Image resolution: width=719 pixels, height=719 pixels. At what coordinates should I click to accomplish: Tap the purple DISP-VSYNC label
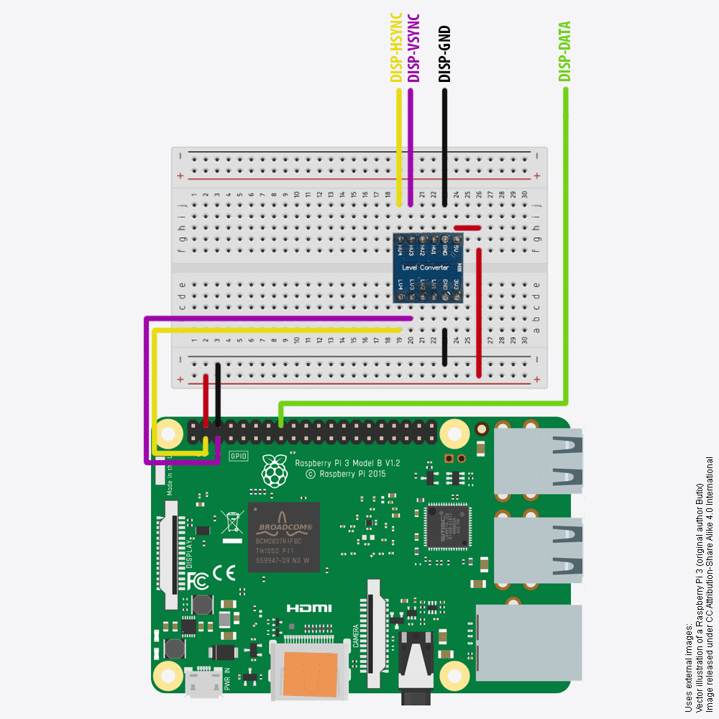[x=413, y=47]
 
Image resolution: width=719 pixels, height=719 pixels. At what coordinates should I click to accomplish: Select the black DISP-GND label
[x=445, y=54]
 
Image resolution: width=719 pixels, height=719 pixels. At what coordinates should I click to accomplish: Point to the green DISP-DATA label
[x=565, y=50]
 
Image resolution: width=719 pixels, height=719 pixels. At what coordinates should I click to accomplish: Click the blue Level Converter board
[x=428, y=267]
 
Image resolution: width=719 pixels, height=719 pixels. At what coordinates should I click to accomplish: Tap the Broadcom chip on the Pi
[x=284, y=536]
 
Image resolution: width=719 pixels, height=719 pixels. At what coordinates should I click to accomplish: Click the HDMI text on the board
[x=309, y=608]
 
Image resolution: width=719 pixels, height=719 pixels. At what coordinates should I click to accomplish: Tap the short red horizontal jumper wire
[x=467, y=228]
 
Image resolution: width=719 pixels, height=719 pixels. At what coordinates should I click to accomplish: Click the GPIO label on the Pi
[x=238, y=456]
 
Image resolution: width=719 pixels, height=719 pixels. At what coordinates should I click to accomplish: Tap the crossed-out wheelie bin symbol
[x=231, y=521]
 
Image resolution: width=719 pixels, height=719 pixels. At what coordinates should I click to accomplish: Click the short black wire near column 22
[x=445, y=347]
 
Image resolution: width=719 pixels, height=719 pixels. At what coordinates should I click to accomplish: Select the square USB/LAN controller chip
[x=446, y=524]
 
